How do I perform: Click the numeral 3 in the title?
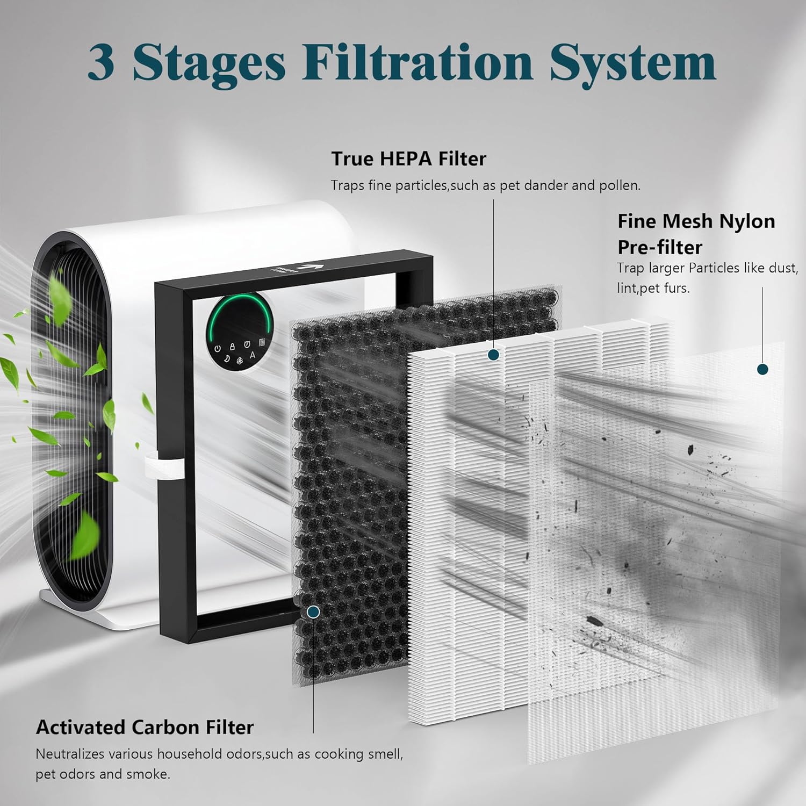(x=101, y=63)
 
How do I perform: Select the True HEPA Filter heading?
(x=408, y=159)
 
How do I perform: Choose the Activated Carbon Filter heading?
(x=145, y=727)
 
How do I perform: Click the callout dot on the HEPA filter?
(x=494, y=355)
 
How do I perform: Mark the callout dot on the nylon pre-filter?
(x=762, y=369)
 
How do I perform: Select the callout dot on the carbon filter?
(x=313, y=612)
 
